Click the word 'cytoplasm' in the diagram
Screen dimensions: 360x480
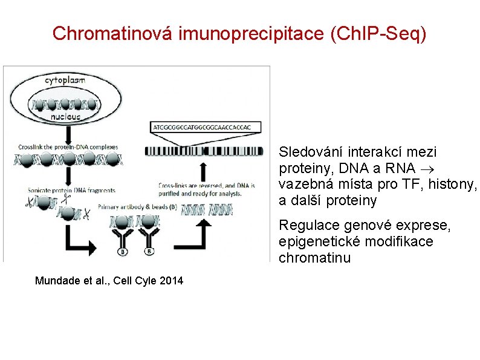pos(65,79)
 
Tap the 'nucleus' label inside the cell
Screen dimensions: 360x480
pos(65,116)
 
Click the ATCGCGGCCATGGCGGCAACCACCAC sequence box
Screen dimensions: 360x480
pos(201,127)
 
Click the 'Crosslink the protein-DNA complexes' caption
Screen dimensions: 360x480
pos(68,146)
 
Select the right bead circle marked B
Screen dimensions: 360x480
pos(149,251)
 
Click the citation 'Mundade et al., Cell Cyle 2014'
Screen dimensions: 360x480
pos(109,281)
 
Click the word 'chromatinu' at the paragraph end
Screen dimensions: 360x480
pos(314,258)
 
